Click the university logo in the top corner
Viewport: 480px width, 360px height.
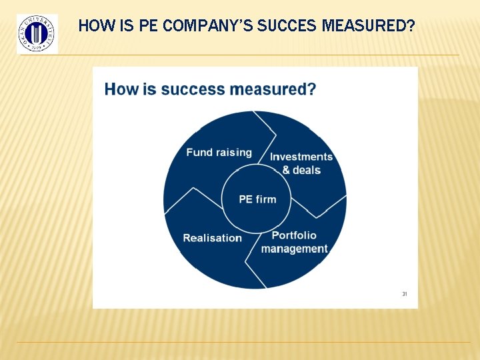click(x=37, y=33)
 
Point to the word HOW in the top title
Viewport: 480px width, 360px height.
click(x=93, y=27)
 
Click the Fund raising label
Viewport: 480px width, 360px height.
click(x=219, y=152)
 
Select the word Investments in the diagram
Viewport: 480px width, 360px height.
click(x=301, y=157)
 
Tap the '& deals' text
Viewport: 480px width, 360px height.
click(x=301, y=170)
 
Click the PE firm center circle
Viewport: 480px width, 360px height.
click(x=257, y=199)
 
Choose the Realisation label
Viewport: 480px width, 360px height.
click(x=212, y=238)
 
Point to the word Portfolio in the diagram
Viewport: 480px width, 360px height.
click(x=294, y=235)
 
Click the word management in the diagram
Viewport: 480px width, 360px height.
click(x=294, y=249)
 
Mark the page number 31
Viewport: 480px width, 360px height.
click(x=404, y=294)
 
